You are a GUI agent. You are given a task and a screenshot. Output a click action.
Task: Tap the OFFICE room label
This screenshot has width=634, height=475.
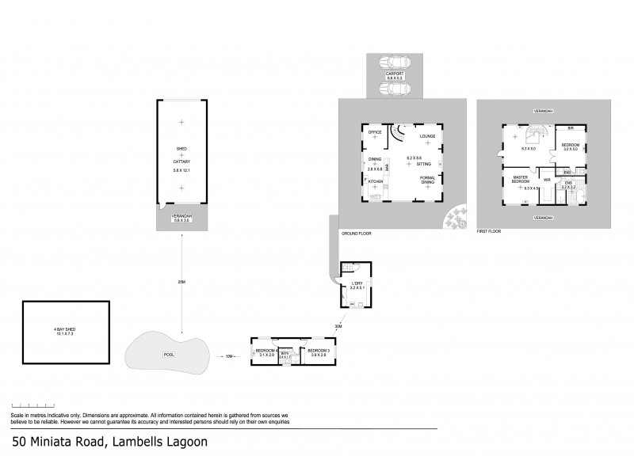pyautogui.click(x=375, y=132)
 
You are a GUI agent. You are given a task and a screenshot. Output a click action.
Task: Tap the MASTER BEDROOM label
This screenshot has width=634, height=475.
pyautogui.click(x=520, y=180)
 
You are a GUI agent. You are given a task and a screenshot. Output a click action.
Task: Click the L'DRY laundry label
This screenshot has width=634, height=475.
pyautogui.click(x=357, y=283)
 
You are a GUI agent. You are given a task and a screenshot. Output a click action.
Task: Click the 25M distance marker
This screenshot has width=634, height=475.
pyautogui.click(x=181, y=282)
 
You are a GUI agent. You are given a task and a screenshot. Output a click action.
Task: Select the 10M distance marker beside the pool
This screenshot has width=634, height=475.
pyautogui.click(x=229, y=356)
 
